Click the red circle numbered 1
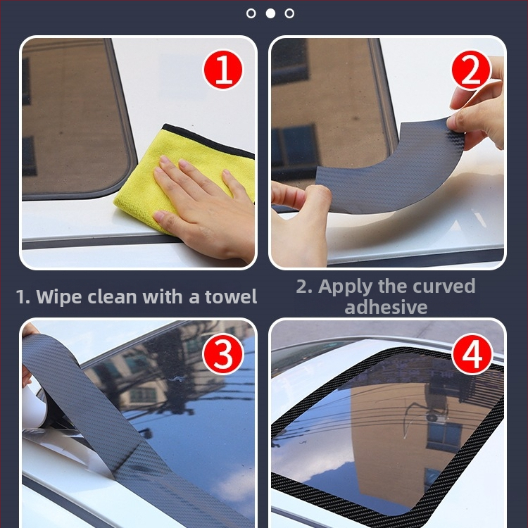tap(222, 70)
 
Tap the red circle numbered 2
tap(471, 70)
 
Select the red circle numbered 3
tap(222, 353)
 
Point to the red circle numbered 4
tap(472, 353)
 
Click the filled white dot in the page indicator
tap(270, 13)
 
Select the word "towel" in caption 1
tap(231, 296)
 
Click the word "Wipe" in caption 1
tap(58, 297)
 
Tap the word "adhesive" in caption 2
tap(386, 307)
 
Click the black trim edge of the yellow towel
tap(208, 142)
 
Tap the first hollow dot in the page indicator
tap(251, 13)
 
